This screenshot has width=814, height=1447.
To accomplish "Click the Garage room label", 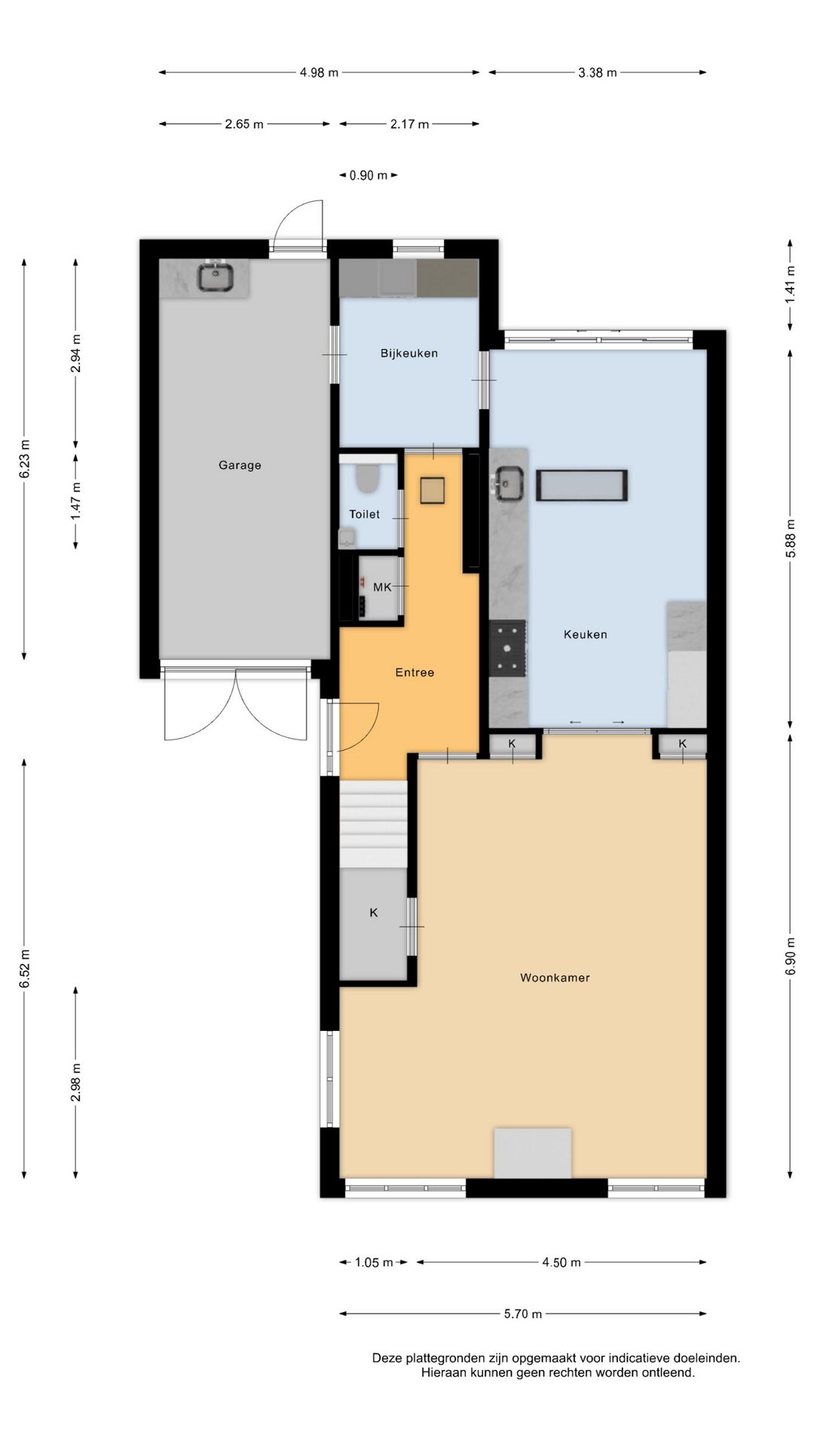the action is [240, 465].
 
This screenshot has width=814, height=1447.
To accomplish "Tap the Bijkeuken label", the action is [409, 353].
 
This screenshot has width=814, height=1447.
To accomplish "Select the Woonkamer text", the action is [555, 977].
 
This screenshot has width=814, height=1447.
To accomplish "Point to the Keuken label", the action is [586, 635].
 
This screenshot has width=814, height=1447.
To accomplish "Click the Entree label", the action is [415, 672].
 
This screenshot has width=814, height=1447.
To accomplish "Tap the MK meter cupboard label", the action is [382, 587].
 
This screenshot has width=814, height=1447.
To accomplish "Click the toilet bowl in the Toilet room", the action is [367, 479].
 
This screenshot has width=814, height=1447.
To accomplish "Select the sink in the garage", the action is [216, 277].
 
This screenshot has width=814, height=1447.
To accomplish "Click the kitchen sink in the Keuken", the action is [509, 483].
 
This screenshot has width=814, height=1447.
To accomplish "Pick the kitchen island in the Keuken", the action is [582, 485].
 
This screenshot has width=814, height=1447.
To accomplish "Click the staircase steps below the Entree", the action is [373, 824].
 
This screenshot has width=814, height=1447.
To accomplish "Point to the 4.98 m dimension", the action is [319, 72].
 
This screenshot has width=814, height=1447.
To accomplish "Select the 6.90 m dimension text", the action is [790, 956].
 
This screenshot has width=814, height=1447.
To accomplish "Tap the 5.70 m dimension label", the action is [523, 1314].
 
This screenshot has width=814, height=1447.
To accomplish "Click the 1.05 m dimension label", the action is [374, 1262].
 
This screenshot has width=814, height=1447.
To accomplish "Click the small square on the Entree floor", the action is [433, 491].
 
